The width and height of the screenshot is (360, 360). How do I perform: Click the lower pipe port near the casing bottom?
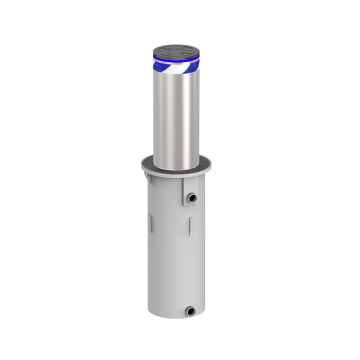190,311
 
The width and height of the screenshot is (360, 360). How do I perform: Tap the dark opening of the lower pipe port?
191,311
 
